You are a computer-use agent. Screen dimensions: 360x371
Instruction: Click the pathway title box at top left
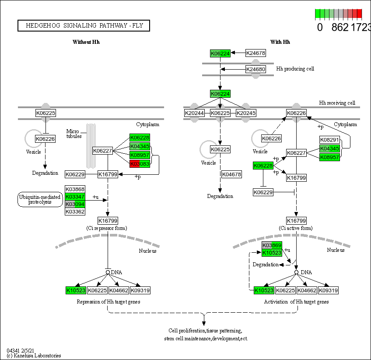coord(84,26)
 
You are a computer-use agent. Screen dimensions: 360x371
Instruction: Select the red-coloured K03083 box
coord(140,163)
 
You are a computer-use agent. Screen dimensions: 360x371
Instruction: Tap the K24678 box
coord(255,53)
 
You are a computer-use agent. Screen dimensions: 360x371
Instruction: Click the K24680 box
coord(255,69)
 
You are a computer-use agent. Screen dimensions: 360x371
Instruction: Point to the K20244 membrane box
coord(195,113)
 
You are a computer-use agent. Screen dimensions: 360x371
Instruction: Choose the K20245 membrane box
coord(246,113)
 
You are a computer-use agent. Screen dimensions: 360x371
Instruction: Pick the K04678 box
coord(231,174)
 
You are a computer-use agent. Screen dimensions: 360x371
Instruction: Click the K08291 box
coord(329,140)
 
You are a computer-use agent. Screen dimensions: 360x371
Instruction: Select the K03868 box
coord(75,189)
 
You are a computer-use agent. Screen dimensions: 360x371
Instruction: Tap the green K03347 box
coord(75,197)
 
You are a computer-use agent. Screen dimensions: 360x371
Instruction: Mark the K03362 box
coord(75,212)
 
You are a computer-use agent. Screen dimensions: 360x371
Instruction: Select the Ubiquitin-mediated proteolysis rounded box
coord(40,199)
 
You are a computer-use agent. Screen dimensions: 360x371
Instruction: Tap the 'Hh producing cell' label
coord(295,69)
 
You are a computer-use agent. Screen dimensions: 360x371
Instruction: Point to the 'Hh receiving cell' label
coord(337,103)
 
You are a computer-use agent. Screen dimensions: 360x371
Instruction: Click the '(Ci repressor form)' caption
coord(108,228)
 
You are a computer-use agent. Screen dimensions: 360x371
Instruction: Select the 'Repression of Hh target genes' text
coord(108,302)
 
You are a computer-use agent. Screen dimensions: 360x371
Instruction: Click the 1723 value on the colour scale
coord(361,27)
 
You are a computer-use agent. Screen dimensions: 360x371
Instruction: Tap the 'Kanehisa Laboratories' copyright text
coord(34,356)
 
